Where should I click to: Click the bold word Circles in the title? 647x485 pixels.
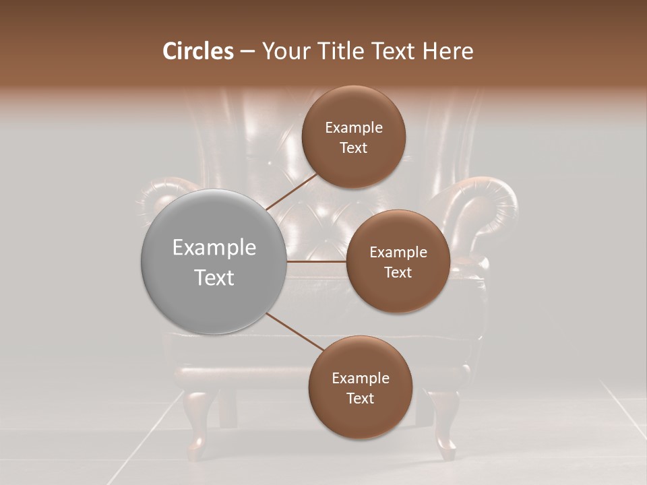pyautogui.click(x=198, y=51)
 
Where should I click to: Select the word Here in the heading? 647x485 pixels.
pyautogui.click(x=448, y=51)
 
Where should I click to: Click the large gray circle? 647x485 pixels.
pyautogui.click(x=214, y=261)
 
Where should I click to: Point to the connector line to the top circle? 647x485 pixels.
pyautogui.click(x=292, y=191)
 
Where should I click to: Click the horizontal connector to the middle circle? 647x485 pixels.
pyautogui.click(x=317, y=261)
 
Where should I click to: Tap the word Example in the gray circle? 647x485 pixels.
pyautogui.click(x=214, y=248)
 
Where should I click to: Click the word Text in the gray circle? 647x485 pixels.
pyautogui.click(x=214, y=278)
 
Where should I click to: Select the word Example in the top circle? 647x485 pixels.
pyautogui.click(x=354, y=128)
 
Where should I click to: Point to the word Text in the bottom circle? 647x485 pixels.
pyautogui.click(x=360, y=398)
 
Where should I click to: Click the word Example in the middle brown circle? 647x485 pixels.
pyautogui.click(x=398, y=253)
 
